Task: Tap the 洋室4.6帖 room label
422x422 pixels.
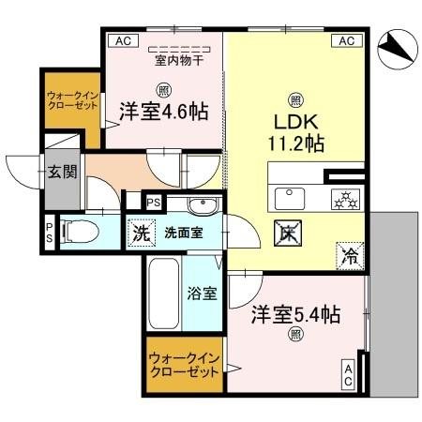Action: point(162,112)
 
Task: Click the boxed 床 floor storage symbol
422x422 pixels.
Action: point(286,234)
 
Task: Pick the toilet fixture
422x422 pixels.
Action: point(80,230)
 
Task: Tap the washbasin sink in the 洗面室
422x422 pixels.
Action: point(198,206)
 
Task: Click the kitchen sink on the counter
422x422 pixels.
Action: point(288,199)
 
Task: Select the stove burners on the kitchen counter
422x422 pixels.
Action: point(343,199)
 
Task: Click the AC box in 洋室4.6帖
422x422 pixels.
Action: point(120,40)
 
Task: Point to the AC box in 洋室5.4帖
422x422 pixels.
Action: point(348,375)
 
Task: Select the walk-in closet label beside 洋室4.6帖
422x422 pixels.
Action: point(68,100)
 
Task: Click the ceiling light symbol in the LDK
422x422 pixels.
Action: point(295,99)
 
